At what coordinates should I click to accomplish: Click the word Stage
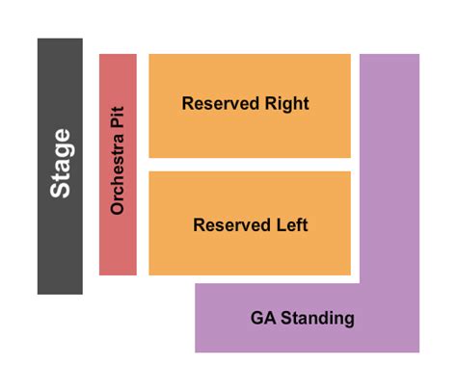point(61,163)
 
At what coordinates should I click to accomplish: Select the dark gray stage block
point(60,241)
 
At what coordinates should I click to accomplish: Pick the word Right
point(287,103)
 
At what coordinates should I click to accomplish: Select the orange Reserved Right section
point(249,135)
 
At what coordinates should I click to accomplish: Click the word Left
point(292,225)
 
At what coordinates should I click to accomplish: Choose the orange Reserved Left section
point(249,255)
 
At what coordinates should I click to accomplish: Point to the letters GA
point(262,317)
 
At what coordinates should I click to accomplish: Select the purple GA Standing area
point(390,193)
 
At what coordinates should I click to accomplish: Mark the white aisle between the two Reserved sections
point(249,165)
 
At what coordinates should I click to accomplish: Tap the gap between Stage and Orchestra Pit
point(91,164)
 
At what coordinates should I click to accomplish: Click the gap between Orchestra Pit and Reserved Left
point(143,222)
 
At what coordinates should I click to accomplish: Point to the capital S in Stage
point(61,190)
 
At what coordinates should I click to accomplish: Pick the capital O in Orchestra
point(118,207)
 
